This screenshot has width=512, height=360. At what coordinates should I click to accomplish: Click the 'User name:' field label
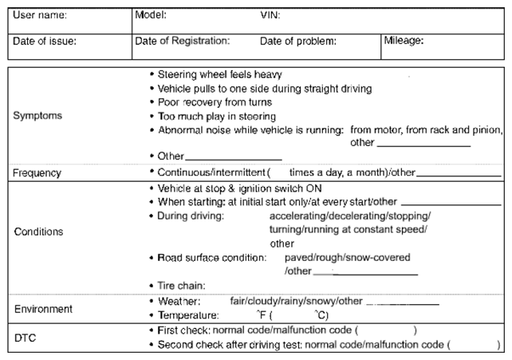(41, 15)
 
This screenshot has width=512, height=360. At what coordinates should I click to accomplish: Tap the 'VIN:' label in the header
(270, 15)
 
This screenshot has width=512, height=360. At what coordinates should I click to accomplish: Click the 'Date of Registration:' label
(183, 40)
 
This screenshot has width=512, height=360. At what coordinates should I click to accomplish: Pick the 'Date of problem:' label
(297, 40)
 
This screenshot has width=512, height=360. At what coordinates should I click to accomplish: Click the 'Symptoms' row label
(37, 116)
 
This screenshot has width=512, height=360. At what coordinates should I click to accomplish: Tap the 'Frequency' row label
(37, 172)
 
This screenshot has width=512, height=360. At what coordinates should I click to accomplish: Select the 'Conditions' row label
(38, 231)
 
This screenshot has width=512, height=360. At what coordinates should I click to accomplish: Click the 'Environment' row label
(43, 308)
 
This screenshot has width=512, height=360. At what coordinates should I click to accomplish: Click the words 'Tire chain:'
(182, 285)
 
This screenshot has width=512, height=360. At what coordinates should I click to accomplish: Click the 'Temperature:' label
(188, 315)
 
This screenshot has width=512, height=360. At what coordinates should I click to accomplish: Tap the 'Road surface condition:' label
(211, 258)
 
